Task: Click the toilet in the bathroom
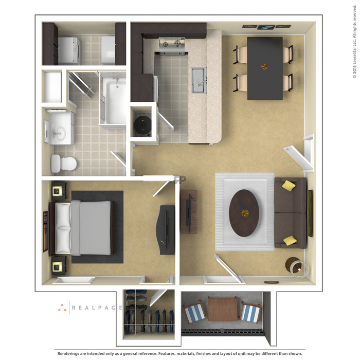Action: tap(64, 164)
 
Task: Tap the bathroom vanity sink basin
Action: tap(59, 133)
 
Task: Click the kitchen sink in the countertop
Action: tap(199, 80)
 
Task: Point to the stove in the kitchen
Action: tap(172, 46)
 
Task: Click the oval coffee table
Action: tap(244, 213)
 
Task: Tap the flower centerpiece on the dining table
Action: tap(264, 67)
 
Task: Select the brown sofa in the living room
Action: tap(291, 213)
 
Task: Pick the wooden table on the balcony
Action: tap(223, 309)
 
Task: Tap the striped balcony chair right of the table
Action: tap(250, 312)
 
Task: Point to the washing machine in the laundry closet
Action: tap(69, 51)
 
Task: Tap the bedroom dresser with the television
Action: tap(166, 229)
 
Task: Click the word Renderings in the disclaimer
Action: tap(69, 354)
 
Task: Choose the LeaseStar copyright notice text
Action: tap(354, 41)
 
